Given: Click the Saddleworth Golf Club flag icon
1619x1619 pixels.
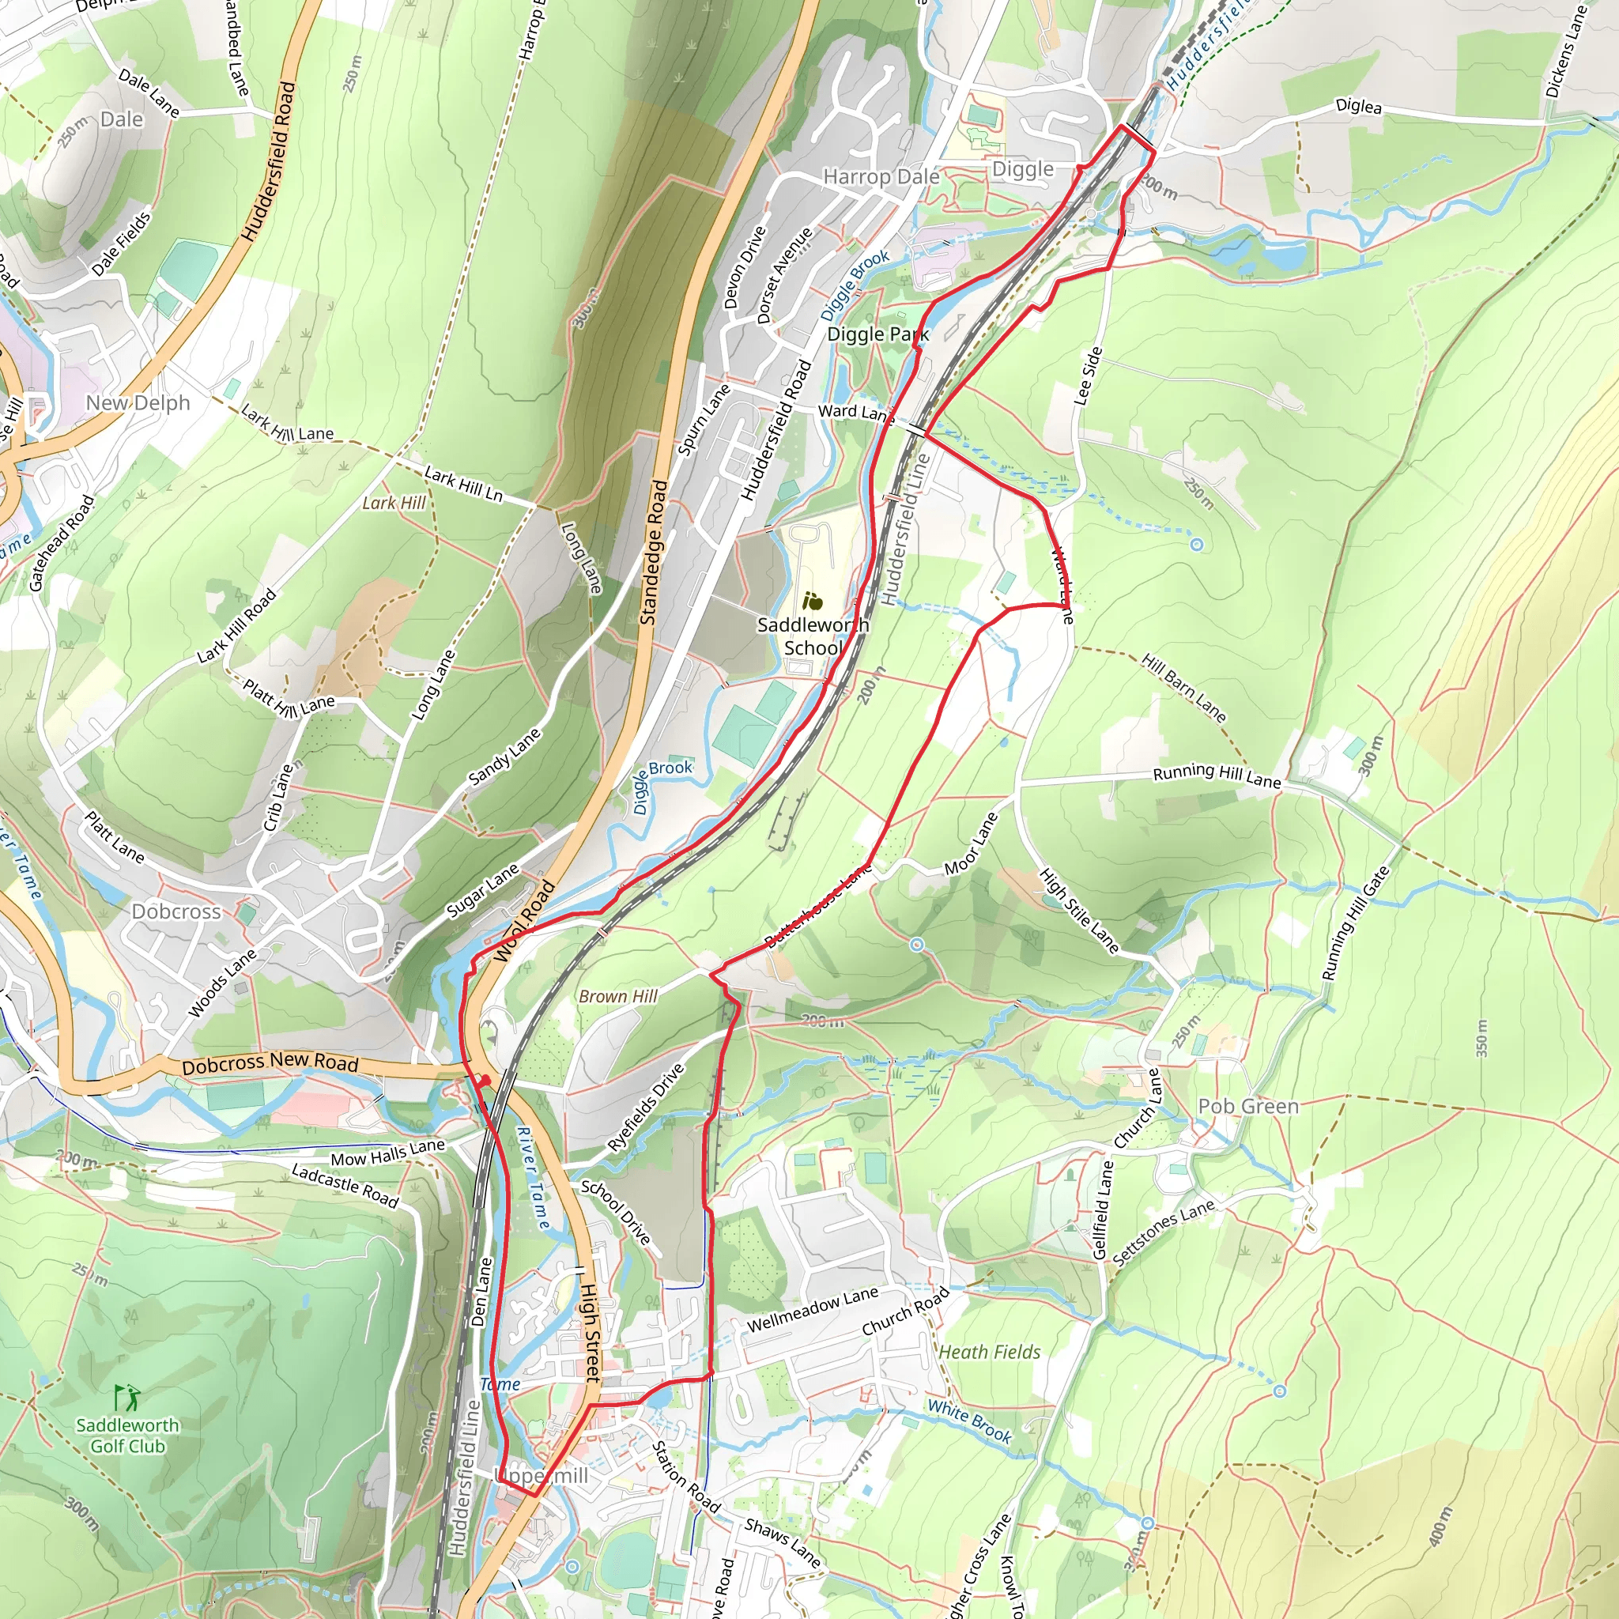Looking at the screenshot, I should click(126, 1397).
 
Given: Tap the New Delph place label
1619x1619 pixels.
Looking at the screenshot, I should click(138, 403).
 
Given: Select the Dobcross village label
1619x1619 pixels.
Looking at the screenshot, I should click(176, 911).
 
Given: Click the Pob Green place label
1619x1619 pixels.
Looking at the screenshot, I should click(1247, 1106).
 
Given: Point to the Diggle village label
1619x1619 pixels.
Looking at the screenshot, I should click(1022, 169).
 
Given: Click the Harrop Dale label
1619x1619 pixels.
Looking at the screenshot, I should click(881, 177).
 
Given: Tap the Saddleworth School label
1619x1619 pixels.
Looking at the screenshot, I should click(812, 636).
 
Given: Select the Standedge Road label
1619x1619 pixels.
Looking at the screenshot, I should click(655, 553).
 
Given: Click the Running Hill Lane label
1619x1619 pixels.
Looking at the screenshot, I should click(1217, 776).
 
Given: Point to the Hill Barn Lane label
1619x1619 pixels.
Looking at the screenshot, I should click(1184, 688).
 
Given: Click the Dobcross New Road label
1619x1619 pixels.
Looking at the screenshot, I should click(270, 1063).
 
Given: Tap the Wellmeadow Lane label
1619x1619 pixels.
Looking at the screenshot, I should click(812, 1311).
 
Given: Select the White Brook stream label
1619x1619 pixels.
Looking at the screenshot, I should click(969, 1421).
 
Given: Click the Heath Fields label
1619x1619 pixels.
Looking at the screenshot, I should click(989, 1352).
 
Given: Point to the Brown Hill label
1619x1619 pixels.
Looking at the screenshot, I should click(617, 996).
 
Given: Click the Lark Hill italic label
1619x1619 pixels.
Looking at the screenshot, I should click(394, 503).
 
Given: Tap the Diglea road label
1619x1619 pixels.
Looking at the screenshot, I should click(1358, 107).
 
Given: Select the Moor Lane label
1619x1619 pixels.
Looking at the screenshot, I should click(972, 843).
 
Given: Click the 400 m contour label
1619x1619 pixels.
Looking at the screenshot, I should click(1440, 1526).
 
